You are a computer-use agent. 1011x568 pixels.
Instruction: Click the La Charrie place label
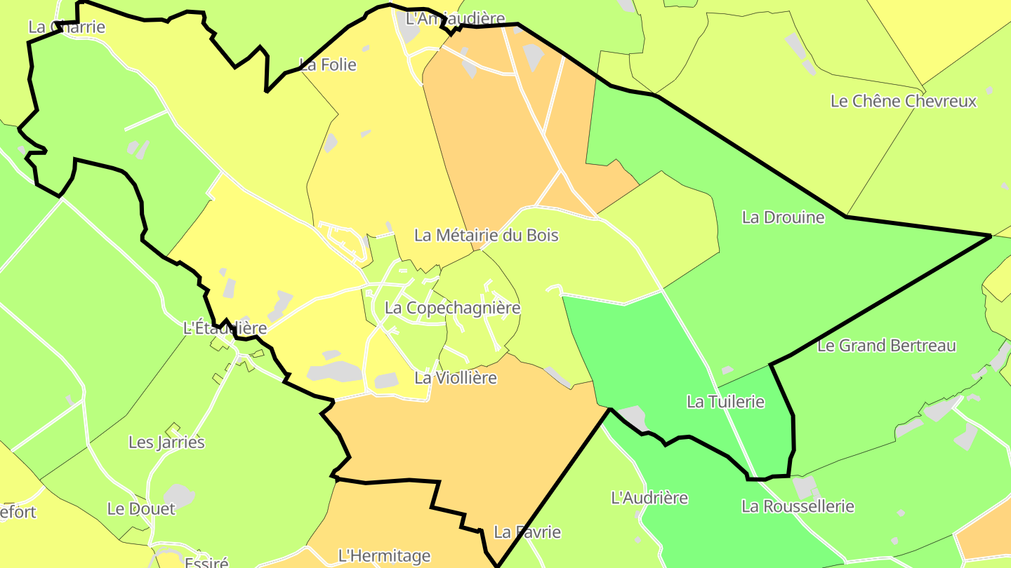(x=67, y=27)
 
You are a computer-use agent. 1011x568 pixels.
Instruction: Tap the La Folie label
(x=328, y=65)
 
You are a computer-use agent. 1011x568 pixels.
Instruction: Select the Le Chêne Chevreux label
(x=903, y=101)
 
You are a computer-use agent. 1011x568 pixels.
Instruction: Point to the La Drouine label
(x=783, y=217)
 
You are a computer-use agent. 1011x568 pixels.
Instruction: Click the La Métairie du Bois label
(x=486, y=235)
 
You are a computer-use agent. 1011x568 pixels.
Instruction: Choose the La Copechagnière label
(x=452, y=308)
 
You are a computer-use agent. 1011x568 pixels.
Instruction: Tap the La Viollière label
(x=455, y=378)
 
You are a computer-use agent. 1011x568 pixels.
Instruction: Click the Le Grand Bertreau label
(x=887, y=346)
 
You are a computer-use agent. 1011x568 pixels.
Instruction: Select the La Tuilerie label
(x=725, y=402)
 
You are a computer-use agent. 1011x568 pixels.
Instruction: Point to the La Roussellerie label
(x=798, y=506)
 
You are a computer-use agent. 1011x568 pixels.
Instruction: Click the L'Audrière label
(x=649, y=498)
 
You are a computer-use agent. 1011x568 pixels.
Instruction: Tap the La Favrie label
(x=527, y=532)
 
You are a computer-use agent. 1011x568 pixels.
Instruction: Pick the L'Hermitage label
(x=384, y=556)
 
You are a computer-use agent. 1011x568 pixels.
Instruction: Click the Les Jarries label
(x=166, y=442)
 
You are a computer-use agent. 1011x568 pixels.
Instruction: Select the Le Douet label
(x=141, y=509)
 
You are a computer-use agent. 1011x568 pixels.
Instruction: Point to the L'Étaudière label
(x=225, y=328)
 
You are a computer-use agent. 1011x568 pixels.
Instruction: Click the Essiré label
(x=206, y=562)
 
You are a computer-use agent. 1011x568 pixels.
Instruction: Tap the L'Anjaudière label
(x=455, y=18)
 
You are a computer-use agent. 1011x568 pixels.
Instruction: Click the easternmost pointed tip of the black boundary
(x=990, y=236)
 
